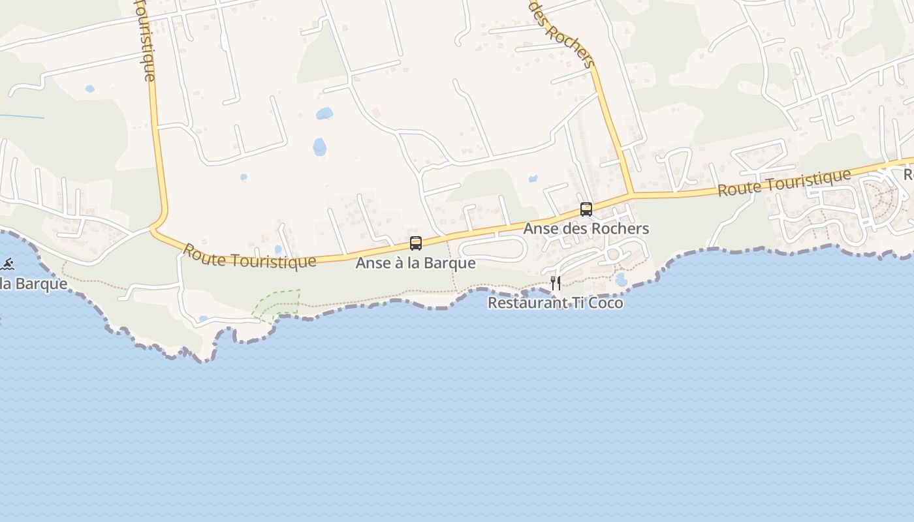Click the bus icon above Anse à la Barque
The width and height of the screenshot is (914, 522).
tap(416, 243)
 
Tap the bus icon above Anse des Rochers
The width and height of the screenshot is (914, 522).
tap(586, 209)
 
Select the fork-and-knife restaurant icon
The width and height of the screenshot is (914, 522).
tap(556, 283)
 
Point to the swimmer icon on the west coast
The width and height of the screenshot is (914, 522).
tap(7, 264)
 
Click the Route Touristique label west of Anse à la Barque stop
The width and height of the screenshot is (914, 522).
tap(249, 256)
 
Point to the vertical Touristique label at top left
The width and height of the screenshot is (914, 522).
tap(145, 39)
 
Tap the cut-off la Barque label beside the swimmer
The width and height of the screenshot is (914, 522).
tap(33, 284)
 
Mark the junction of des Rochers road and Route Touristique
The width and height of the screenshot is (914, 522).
tap(630, 194)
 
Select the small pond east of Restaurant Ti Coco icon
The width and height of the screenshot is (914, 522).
tap(620, 280)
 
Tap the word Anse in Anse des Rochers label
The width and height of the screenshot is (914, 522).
tap(539, 228)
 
